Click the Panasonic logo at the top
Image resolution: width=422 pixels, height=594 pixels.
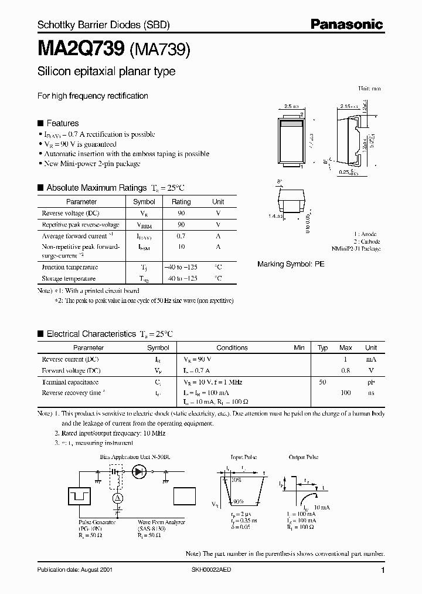[346, 25]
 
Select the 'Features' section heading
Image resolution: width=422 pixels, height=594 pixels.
[62, 123]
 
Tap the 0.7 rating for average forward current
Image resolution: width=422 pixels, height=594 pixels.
[181, 236]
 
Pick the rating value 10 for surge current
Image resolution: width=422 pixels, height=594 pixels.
[181, 247]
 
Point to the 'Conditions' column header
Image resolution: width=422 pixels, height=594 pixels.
[232, 347]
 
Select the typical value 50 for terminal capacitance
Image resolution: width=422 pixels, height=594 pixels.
[322, 382]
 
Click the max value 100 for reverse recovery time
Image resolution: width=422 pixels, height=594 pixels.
[345, 393]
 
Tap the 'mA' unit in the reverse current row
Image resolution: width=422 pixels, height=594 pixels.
[371, 359]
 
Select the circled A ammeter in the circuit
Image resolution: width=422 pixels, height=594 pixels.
[116, 498]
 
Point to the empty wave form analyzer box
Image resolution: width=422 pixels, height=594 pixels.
[185, 497]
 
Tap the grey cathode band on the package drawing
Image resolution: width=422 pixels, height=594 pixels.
[291, 124]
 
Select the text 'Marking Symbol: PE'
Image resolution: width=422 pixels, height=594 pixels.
[291, 265]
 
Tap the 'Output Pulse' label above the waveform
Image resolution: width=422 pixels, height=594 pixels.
[304, 456]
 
